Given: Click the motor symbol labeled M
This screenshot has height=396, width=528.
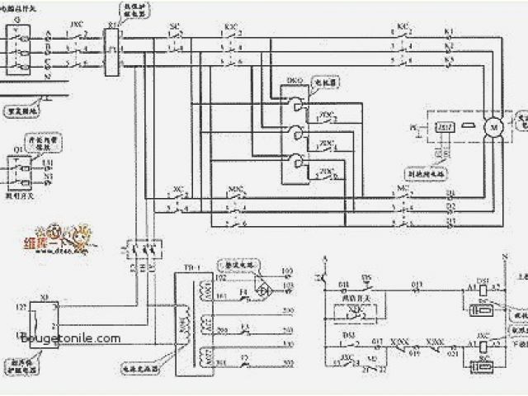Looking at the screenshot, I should pyautogui.click(x=494, y=126).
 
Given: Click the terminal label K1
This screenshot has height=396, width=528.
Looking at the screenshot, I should pyautogui.click(x=450, y=31).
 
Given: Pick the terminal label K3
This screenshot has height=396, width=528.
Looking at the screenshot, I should pyautogui.click(x=450, y=61).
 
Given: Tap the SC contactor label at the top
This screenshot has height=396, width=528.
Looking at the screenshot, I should pyautogui.click(x=174, y=26).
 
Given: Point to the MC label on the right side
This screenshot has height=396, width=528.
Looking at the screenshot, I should pyautogui.click(x=403, y=188).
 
